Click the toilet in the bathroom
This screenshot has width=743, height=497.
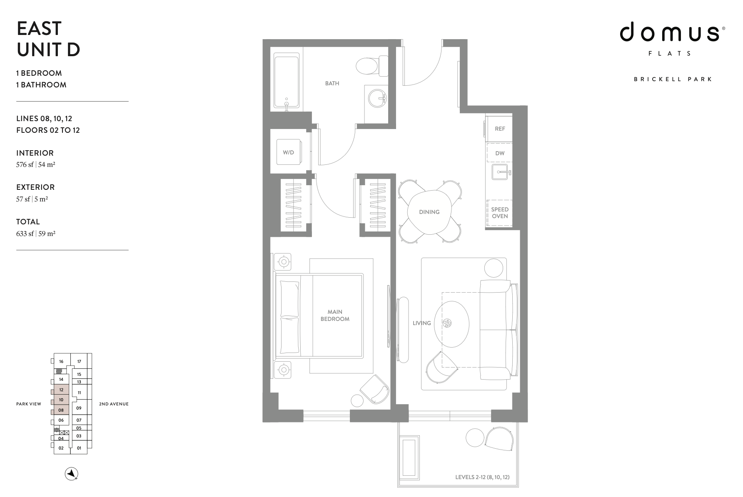368,66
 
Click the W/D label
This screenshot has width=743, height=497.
288,152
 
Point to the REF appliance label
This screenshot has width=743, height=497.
500,129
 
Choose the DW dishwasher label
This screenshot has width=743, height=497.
500,153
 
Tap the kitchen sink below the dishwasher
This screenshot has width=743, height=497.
500,171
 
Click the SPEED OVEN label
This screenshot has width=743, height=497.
500,213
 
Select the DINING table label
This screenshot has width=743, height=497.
429,212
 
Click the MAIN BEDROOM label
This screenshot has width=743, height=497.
335,315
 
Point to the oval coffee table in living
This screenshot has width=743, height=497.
451,323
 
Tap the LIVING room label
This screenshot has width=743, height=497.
421,323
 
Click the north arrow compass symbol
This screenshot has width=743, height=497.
72,474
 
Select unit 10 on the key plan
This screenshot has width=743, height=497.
61,400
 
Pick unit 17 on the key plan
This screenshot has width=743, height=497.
79,361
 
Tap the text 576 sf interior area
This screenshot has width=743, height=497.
25,164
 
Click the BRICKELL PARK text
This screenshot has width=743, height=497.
673,79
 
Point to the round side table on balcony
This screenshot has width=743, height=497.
475,437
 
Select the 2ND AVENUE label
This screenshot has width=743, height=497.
114,404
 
